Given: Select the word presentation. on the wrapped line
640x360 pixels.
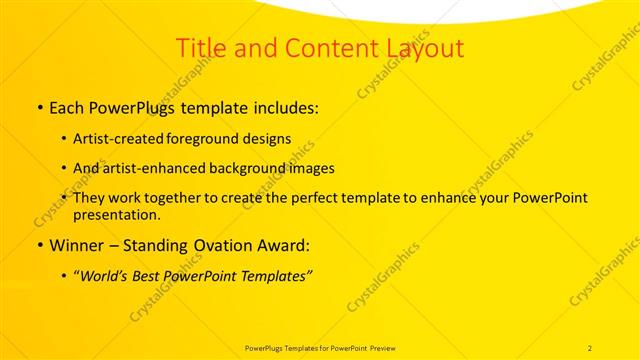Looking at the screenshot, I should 117,214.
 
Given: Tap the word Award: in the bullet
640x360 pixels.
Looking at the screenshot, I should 280,245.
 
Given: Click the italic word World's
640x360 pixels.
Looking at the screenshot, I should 107,275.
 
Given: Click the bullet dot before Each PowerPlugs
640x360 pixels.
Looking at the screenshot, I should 38,106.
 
